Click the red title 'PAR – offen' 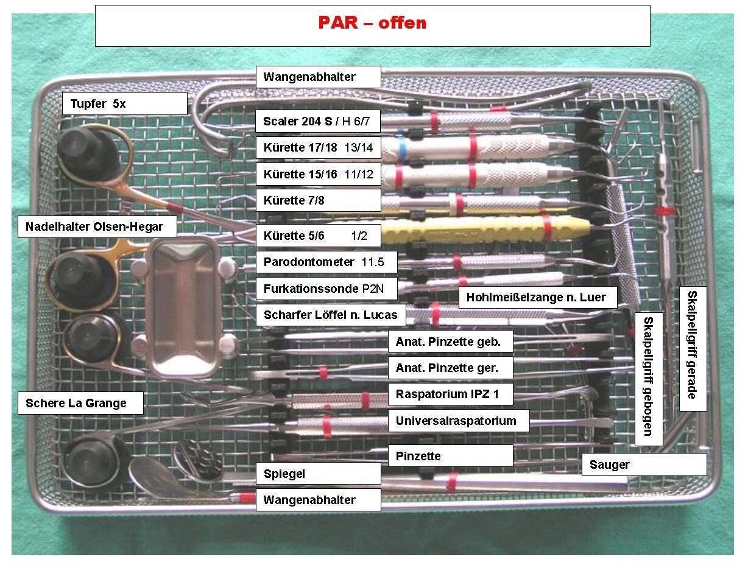click(x=372, y=23)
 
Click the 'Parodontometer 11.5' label click(x=326, y=262)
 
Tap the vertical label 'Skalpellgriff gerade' click(x=693, y=349)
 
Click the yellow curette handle click(x=487, y=227)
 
